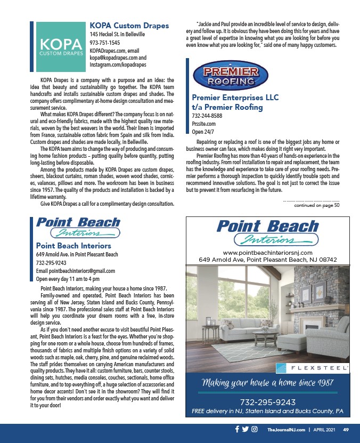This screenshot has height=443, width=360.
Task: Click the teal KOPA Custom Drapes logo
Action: (x=60, y=47)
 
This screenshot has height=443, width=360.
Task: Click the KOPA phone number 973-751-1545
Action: (x=104, y=42)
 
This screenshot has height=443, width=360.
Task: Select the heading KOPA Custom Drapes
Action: (x=129, y=26)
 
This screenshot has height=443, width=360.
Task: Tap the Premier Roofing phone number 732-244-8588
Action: (x=207, y=115)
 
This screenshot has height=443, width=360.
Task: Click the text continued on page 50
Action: (x=316, y=205)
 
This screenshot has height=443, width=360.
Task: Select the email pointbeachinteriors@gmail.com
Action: (x=75, y=270)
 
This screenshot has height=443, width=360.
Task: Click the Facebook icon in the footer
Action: (x=236, y=429)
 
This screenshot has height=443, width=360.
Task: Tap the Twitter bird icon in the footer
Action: (x=246, y=429)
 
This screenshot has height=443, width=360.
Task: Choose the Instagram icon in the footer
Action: (x=255, y=429)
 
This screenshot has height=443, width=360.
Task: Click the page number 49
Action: (x=346, y=429)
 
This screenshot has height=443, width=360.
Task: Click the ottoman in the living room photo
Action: (x=293, y=343)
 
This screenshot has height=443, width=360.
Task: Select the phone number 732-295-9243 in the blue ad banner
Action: (x=267, y=401)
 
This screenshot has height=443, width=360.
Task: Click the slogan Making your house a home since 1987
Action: (x=267, y=383)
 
